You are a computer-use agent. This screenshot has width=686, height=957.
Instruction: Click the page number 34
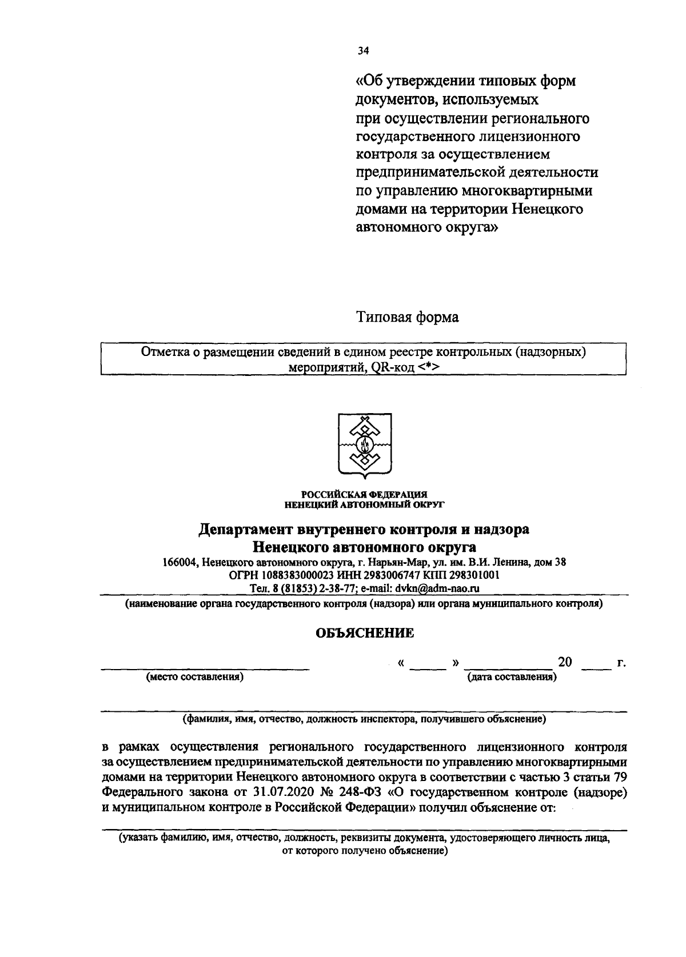(364, 51)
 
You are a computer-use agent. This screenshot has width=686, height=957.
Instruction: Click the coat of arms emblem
(364, 444)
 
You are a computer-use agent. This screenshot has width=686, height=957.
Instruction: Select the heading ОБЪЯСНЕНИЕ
(365, 632)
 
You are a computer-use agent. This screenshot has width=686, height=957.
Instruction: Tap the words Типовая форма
(408, 317)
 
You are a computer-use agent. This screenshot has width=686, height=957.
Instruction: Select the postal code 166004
(180, 562)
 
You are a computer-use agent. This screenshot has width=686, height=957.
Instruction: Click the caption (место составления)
(195, 678)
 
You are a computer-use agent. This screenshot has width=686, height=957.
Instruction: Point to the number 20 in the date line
(565, 662)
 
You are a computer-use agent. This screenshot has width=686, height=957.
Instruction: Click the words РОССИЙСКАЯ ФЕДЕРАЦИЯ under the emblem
(364, 494)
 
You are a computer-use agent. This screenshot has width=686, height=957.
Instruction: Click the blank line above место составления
(205, 666)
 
